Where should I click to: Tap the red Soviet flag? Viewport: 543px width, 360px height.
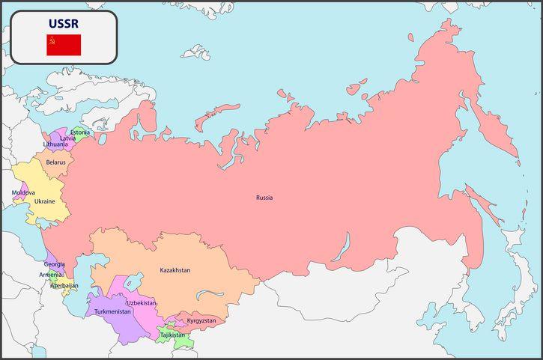click(64, 45)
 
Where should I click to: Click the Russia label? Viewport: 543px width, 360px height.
click(264, 198)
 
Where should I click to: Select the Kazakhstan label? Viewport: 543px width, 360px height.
click(175, 269)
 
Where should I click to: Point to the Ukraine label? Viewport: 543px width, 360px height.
click(44, 201)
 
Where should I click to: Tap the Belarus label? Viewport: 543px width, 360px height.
click(55, 162)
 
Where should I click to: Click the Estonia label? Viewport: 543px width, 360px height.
click(80, 132)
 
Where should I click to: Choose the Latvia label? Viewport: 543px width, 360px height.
click(68, 138)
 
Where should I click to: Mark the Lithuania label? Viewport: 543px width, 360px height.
click(55, 144)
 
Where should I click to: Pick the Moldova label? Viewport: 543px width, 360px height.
click(23, 192)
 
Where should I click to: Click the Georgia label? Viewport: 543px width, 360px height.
click(54, 264)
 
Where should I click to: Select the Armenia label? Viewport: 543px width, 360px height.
click(51, 275)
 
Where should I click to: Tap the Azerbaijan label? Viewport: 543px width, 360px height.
click(64, 285)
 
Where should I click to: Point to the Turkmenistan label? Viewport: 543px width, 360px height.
click(112, 311)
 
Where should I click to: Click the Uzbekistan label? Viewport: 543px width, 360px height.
click(141, 302)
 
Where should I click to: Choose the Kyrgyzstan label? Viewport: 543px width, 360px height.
click(201, 320)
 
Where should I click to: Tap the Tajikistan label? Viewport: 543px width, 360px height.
click(172, 335)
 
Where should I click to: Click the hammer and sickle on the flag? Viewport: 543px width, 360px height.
click(52, 40)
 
